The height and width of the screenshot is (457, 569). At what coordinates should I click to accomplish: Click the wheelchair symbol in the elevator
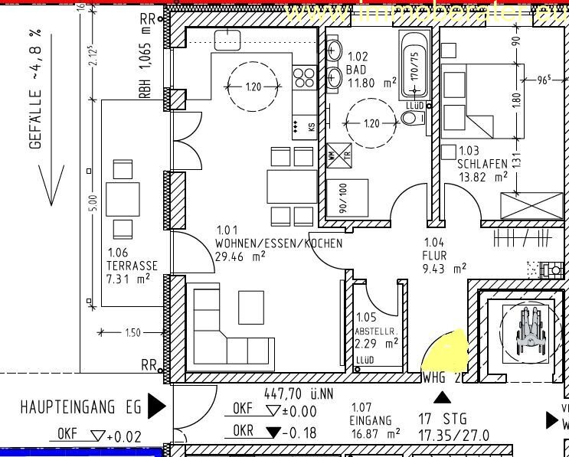click(x=526, y=331)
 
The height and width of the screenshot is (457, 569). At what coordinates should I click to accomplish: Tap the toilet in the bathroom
click(x=413, y=117)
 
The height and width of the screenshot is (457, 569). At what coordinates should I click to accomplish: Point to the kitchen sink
click(x=227, y=40)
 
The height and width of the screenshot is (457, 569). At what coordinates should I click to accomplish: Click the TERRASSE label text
click(x=132, y=266)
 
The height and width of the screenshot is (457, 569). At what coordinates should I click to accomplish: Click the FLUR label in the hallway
click(x=435, y=256)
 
